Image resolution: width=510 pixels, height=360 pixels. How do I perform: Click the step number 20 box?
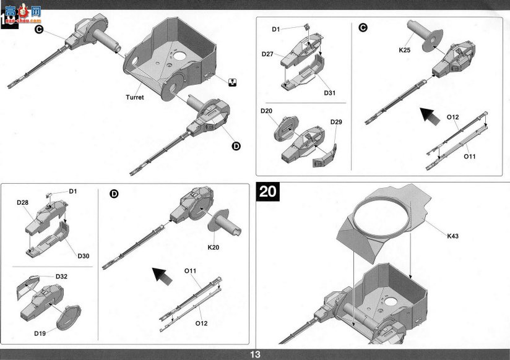pos(267,191)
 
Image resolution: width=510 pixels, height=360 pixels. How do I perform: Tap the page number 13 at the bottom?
pos(255,354)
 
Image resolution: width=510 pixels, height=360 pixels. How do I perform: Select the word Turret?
pos(135,97)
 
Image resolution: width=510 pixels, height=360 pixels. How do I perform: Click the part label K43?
pos(452,236)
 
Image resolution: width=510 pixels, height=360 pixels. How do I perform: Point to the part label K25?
pos(405,50)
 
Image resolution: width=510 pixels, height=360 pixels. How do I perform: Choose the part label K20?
pos(214,247)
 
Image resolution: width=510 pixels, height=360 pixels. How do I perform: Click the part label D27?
pos(267,54)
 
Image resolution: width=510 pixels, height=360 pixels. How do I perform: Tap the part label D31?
pos(329,93)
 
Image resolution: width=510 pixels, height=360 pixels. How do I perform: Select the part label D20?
pos(266,111)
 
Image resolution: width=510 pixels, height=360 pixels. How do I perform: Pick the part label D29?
pos(336,122)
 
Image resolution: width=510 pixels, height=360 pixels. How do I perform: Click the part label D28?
pos(22,203)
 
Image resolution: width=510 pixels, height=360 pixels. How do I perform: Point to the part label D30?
pos(84,256)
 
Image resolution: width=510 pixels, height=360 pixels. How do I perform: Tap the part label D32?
pos(61,276)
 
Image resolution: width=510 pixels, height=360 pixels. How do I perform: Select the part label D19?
pos(40,333)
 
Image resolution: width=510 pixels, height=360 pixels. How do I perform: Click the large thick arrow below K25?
pos(430,116)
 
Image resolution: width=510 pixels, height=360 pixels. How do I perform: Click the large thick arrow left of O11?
pos(163,276)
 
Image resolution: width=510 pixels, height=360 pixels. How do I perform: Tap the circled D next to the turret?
pos(236,147)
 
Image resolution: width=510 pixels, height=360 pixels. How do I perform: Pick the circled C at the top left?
pos(39,30)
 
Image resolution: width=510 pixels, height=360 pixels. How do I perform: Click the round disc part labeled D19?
pos(69,318)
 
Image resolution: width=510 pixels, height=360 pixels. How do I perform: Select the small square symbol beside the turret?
pos(232,83)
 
